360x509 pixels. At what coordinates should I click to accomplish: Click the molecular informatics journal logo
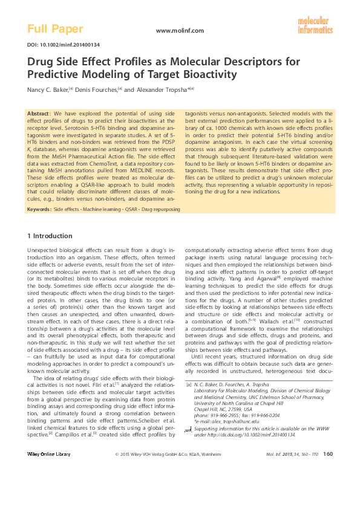315,25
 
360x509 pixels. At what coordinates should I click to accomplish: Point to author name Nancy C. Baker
47,88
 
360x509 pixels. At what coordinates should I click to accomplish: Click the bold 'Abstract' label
40,113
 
